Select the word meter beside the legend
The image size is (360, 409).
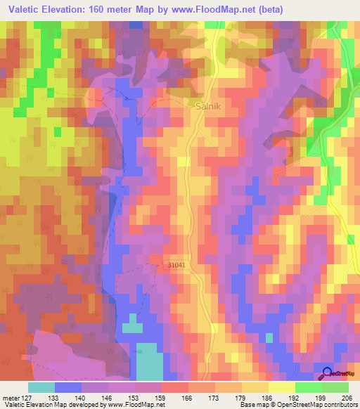tap(10, 396)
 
